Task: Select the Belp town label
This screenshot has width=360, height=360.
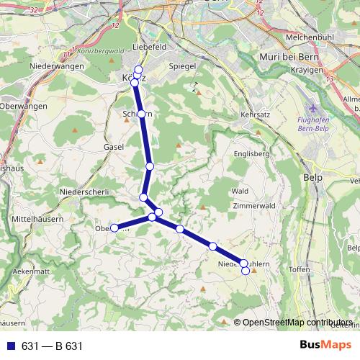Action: (x=313, y=176)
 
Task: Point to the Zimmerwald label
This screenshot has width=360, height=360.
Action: (x=253, y=205)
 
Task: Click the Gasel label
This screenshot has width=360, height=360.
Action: (x=114, y=146)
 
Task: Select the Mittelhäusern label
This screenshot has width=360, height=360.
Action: (x=38, y=217)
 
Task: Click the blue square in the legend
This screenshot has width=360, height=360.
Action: (x=12, y=346)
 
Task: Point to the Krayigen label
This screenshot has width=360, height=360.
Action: (x=323, y=73)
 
